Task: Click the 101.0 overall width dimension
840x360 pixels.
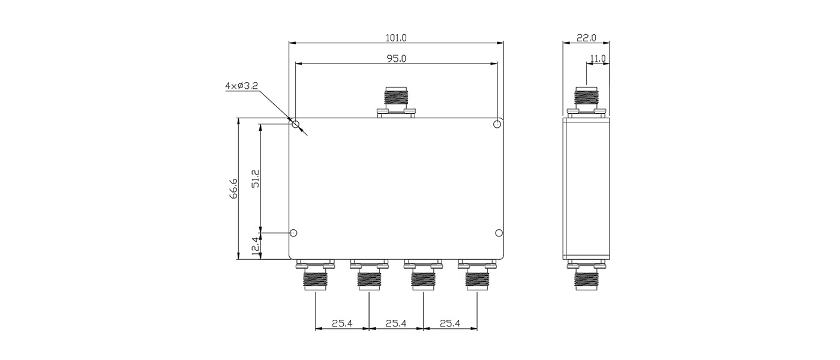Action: (x=396, y=38)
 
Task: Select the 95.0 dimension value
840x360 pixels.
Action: (x=397, y=59)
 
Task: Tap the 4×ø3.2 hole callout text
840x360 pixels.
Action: (x=241, y=86)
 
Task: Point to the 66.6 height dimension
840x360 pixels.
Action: (x=233, y=188)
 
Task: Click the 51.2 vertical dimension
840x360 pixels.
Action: (x=256, y=178)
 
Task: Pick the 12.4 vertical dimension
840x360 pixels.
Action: (x=256, y=246)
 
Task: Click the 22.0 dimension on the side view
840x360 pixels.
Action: (x=586, y=38)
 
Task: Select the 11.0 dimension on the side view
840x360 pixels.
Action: (x=598, y=59)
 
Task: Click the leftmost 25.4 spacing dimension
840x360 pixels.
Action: (x=342, y=323)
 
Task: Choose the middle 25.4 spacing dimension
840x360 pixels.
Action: (x=396, y=323)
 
